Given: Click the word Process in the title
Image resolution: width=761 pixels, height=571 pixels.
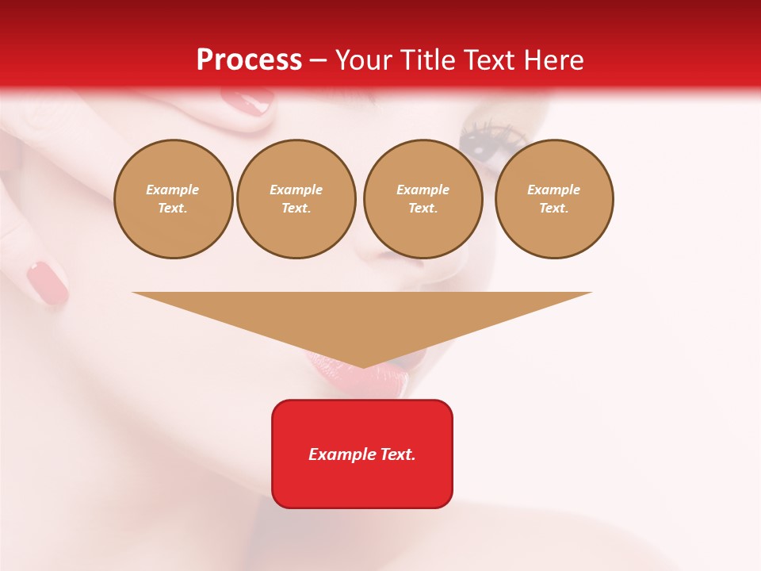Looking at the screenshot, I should click(x=249, y=60).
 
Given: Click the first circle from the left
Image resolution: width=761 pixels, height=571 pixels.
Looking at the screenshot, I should click(x=173, y=199).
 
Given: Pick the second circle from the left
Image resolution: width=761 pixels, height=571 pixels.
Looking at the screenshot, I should click(x=296, y=199).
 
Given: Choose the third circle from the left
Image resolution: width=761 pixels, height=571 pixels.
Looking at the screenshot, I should click(x=423, y=199).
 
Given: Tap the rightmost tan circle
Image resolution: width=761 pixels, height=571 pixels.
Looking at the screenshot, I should click(x=554, y=199).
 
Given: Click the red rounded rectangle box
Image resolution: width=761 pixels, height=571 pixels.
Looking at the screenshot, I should click(x=362, y=454).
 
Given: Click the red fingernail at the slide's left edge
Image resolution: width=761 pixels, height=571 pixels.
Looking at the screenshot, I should click(x=48, y=282).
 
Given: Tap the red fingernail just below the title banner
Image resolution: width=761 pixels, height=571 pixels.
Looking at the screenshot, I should click(x=247, y=101).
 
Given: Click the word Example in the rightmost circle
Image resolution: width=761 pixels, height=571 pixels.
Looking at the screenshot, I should click(x=554, y=190).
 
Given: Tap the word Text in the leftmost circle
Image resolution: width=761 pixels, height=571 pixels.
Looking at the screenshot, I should click(x=173, y=209).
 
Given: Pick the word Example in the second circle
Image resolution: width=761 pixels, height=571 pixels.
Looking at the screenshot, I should click(x=296, y=190).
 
